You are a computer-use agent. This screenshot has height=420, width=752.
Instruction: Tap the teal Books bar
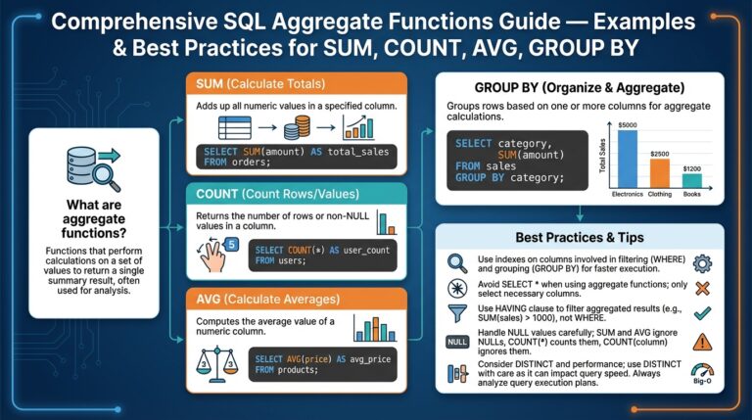[692, 180]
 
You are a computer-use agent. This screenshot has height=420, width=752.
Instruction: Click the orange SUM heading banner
[297, 84]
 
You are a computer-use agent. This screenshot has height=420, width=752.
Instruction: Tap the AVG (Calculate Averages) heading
[297, 299]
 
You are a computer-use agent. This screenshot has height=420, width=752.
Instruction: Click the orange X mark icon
[701, 288]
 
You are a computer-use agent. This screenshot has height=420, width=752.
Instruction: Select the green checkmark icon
[701, 314]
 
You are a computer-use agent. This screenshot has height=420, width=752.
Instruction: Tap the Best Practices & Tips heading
[579, 238]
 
